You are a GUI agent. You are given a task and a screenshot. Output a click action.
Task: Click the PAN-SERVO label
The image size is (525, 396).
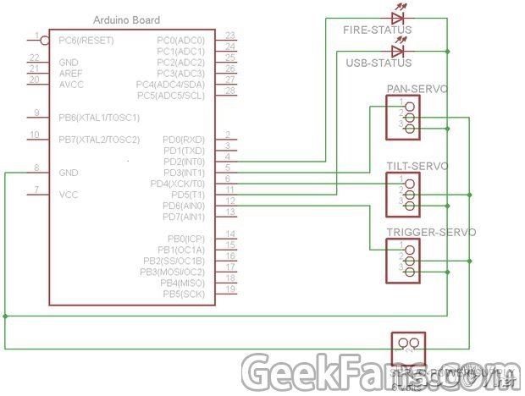pyautogui.click(x=417, y=89)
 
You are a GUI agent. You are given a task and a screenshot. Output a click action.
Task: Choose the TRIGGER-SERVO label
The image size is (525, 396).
pyautogui.click(x=431, y=232)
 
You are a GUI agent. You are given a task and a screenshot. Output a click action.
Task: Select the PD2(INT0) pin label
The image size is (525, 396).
pyautogui.click(x=184, y=162)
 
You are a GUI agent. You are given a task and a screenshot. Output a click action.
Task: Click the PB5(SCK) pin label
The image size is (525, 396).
pyautogui.click(x=184, y=294)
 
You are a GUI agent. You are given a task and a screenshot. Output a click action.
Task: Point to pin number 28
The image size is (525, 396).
pyautogui.click(x=229, y=91)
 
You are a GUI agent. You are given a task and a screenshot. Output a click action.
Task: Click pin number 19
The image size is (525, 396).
pyautogui.click(x=229, y=290)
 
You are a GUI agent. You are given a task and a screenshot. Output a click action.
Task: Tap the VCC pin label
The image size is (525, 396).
pyautogui.click(x=69, y=195)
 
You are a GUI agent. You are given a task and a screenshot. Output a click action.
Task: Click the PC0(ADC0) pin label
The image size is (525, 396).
pyautogui.click(x=180, y=41)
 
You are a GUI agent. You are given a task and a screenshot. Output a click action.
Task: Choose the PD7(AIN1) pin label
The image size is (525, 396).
pyautogui.click(x=184, y=217)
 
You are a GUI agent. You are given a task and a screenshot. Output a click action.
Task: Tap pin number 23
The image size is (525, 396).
pyautogui.click(x=229, y=36)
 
